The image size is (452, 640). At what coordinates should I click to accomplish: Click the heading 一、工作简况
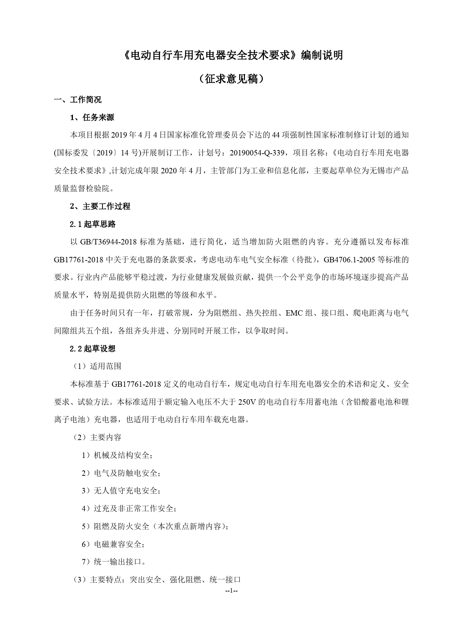(x=78, y=100)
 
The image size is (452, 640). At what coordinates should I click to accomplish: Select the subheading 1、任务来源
(x=92, y=117)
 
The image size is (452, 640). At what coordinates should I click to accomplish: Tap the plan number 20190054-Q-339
(x=257, y=153)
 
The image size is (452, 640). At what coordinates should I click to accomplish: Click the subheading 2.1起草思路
(x=93, y=224)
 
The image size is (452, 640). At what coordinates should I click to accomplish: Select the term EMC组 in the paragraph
(x=298, y=313)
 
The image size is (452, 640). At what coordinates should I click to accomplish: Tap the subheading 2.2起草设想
(x=93, y=349)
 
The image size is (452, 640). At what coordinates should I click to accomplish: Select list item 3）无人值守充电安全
(x=121, y=491)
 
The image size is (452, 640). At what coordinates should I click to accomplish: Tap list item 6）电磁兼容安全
(x=113, y=544)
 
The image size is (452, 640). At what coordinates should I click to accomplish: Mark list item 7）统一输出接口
(x=113, y=562)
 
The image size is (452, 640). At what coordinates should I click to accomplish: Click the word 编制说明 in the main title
(x=321, y=55)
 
